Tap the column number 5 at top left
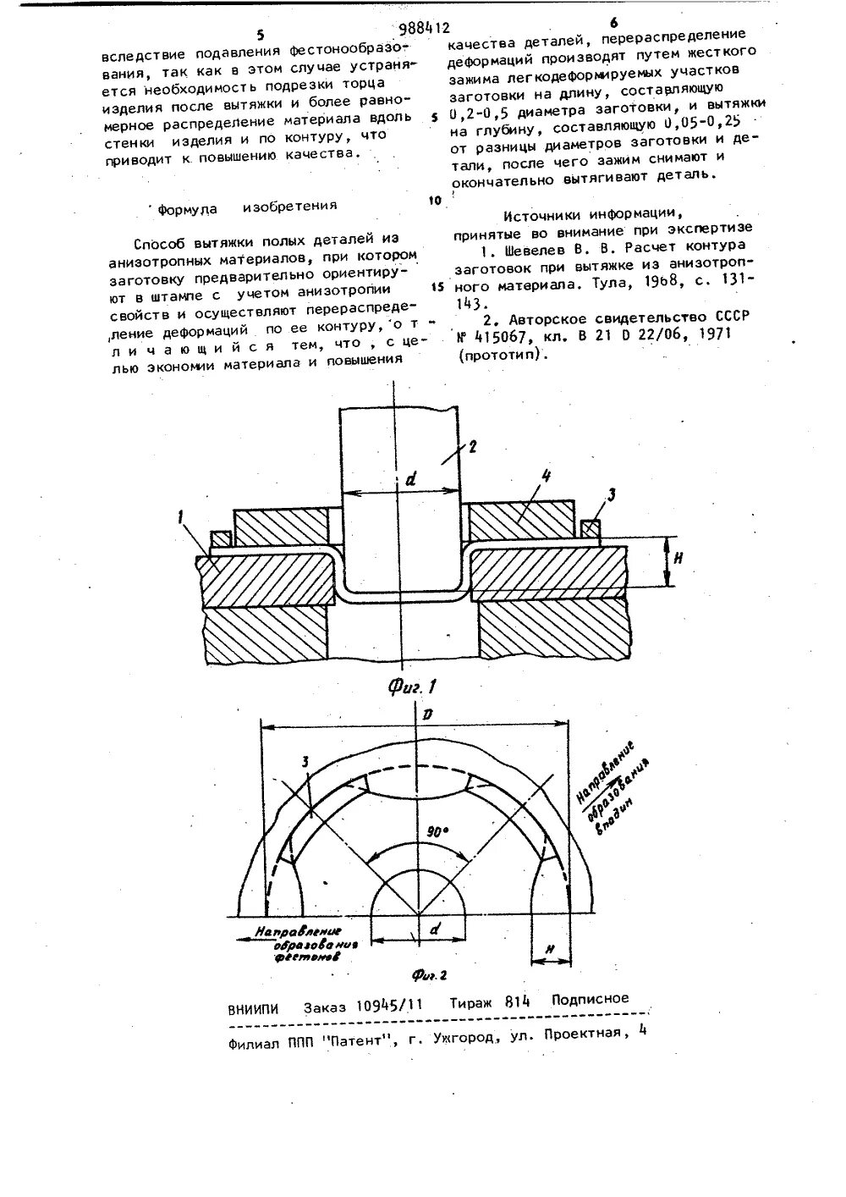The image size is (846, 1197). coord(261,35)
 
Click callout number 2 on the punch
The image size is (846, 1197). coord(471,446)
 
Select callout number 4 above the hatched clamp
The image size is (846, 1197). coord(547,477)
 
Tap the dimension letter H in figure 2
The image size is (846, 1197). coord(547,950)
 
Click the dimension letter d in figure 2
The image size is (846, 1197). coord(433,929)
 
